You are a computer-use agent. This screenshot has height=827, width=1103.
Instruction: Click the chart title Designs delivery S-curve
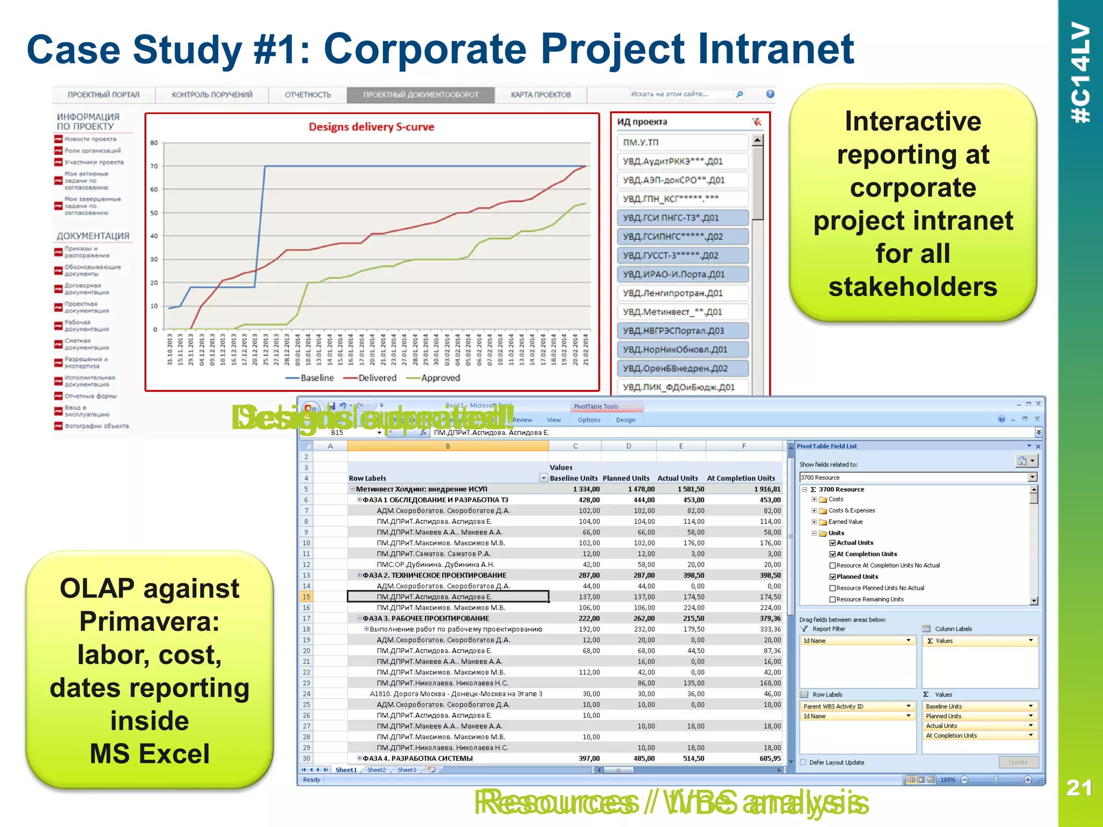coord(371,127)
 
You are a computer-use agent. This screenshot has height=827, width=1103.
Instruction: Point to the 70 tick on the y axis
coord(154,166)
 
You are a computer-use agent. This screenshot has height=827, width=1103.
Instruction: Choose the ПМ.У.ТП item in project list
coord(641,143)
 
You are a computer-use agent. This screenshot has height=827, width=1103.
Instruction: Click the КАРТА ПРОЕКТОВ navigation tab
coord(540,95)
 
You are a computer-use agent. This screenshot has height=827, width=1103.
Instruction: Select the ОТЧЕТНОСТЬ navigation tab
coord(308,95)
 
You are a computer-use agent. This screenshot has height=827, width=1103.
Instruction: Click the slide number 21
coord(1079,788)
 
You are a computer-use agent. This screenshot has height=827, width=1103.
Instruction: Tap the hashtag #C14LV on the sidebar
coord(1080,73)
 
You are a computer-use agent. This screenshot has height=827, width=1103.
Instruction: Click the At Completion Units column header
coord(741,478)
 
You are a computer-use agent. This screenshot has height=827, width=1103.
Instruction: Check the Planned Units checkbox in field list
coord(833,577)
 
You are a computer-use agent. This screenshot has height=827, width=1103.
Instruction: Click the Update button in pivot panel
coord(1018,762)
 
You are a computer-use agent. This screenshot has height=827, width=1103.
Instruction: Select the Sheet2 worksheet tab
coord(376,770)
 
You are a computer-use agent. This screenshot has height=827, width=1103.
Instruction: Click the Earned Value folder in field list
coord(845,522)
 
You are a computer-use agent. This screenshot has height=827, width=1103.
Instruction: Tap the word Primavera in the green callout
coord(149,622)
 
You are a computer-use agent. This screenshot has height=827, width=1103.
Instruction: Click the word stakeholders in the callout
coord(912,287)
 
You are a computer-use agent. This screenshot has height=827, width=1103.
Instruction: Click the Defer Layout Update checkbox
coord(804,762)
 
